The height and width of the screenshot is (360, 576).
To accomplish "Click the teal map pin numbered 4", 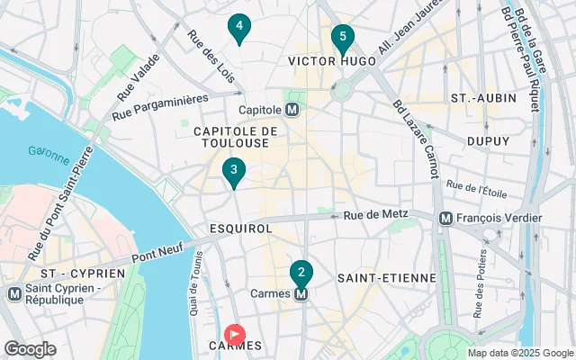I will [x=238, y=28].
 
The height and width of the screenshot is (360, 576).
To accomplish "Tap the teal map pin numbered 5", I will [x=341, y=38].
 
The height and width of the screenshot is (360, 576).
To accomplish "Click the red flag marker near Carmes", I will [x=235, y=335].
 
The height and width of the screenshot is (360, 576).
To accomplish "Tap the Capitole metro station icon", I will [x=292, y=110].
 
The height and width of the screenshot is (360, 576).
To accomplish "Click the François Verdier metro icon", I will [x=445, y=218].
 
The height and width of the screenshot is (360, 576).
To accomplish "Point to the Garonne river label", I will [x=48, y=154].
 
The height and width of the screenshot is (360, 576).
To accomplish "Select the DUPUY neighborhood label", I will [x=489, y=141].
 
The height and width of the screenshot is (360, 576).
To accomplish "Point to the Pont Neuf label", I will [x=157, y=247].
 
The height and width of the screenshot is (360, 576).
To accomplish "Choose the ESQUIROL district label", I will [x=239, y=229].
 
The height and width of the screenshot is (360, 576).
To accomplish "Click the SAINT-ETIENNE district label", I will [x=386, y=278].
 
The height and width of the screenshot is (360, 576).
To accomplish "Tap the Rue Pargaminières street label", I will [x=160, y=106].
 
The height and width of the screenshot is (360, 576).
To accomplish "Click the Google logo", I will [x=30, y=349].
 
